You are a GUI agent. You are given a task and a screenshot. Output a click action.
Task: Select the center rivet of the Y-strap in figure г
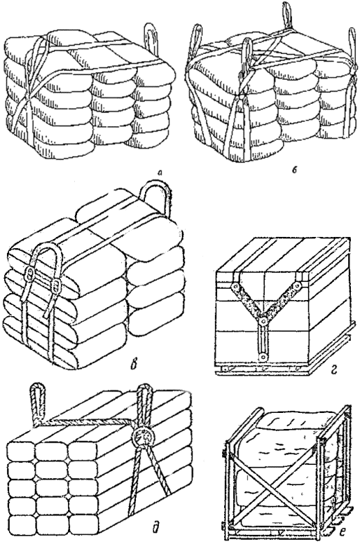(264, 322)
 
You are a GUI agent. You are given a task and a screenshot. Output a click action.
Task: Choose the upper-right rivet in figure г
(297, 285)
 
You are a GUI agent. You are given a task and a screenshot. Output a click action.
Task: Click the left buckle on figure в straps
(30, 273)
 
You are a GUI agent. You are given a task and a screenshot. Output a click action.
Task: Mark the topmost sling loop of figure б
(287, 15)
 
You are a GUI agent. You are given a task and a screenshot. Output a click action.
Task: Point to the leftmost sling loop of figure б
(196, 40)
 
